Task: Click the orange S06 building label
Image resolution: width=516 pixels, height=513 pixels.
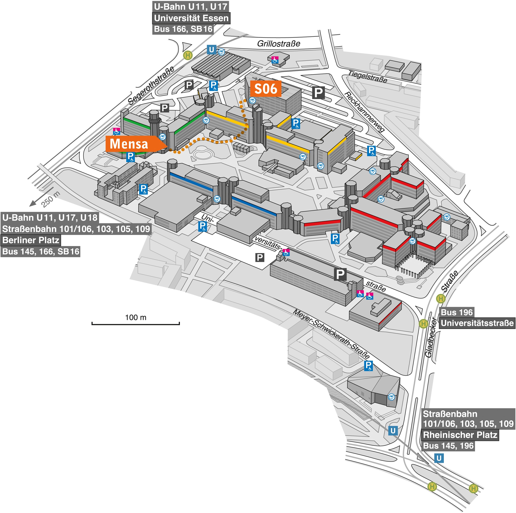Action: coord(266,89)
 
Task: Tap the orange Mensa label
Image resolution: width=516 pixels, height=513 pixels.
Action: coord(129,144)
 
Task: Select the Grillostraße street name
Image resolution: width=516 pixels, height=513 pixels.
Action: coord(279,44)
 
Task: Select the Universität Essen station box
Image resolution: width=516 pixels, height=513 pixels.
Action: coord(191,18)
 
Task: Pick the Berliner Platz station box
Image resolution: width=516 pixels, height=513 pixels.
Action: coord(31,240)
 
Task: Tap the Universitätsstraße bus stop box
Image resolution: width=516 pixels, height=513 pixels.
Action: coord(477,323)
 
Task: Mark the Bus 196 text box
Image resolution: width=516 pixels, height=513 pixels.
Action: coord(457,312)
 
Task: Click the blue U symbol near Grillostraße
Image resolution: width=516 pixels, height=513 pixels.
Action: coord(211,50)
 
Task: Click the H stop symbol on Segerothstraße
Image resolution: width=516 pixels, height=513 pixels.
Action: coord(188,55)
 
